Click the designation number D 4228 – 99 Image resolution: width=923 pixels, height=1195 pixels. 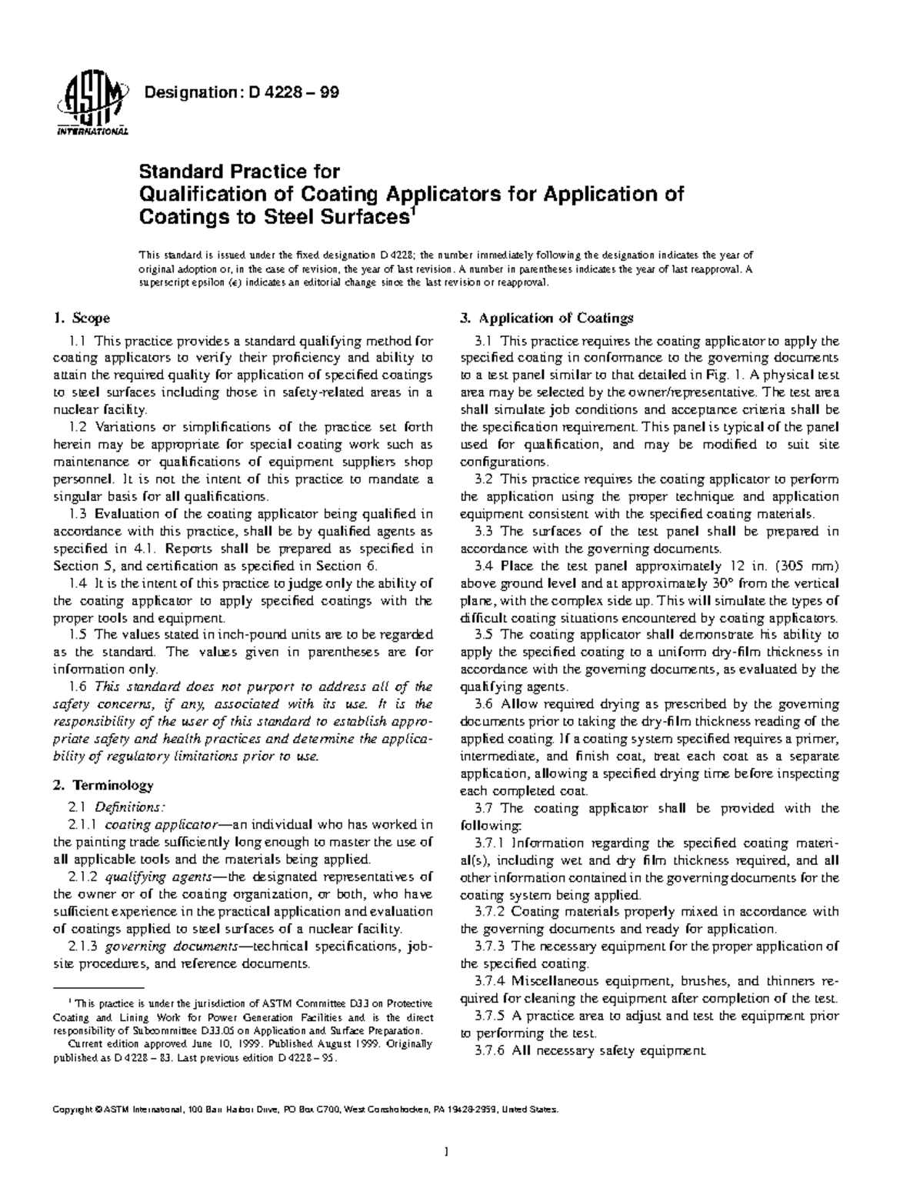click(x=293, y=93)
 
